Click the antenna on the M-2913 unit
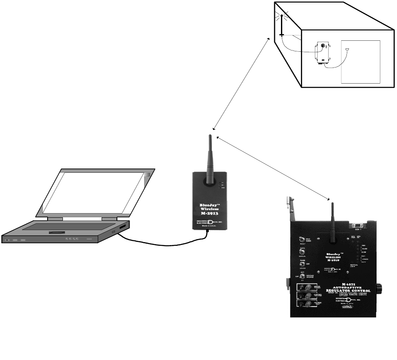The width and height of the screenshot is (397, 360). click(x=210, y=157)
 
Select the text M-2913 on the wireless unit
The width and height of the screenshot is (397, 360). click(x=210, y=213)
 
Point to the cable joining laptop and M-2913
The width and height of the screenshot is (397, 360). click(x=162, y=245)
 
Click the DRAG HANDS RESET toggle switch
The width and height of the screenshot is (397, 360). click(x=302, y=240)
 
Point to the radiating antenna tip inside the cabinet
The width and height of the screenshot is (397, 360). click(x=281, y=16)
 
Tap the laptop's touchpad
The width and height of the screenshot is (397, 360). click(x=57, y=233)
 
